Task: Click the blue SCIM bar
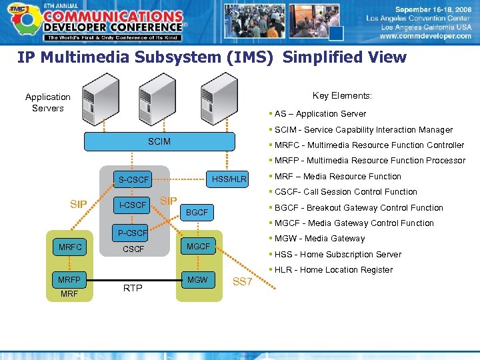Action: point(159,142)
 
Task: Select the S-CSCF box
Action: point(133,180)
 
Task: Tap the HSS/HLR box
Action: point(229,179)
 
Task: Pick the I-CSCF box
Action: point(132,205)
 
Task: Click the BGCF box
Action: point(197,213)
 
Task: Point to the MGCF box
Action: point(198,247)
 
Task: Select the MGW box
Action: point(197,279)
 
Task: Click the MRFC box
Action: point(70,247)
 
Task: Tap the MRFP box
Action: point(70,280)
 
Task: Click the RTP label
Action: point(133,288)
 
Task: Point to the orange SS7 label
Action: point(242,282)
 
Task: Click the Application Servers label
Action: point(48,103)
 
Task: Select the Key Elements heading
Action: point(342,96)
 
